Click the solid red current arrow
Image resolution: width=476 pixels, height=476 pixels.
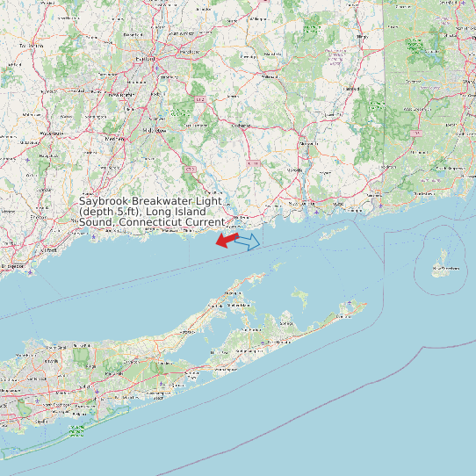click(x=227, y=239)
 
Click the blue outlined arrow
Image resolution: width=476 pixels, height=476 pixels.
click(x=249, y=241)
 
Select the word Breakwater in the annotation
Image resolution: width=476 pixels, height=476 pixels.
click(x=162, y=201)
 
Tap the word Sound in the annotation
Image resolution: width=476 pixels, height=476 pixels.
click(x=97, y=222)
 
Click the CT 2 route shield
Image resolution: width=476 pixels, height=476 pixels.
click(x=200, y=99)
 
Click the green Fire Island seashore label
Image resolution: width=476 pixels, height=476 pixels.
click(x=78, y=430)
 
